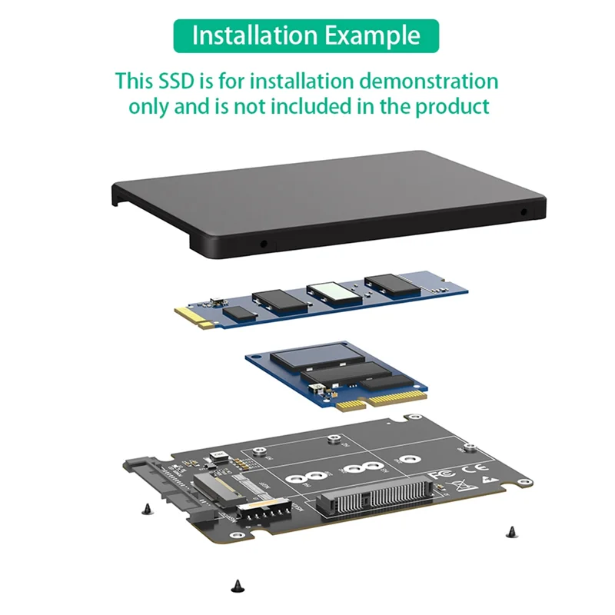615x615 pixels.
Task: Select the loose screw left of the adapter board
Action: [x=146, y=507]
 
